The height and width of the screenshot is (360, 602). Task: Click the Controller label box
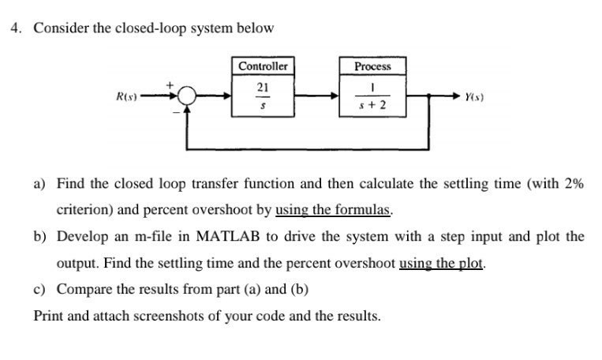tap(264, 66)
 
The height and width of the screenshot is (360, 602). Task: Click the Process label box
tap(372, 66)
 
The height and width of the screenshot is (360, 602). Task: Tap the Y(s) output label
tap(475, 96)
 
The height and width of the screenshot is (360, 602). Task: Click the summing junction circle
tap(186, 96)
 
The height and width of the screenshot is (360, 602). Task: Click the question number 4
tap(16, 28)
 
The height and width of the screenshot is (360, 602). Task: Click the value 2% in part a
tap(574, 184)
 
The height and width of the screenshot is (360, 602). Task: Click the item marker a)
tap(40, 184)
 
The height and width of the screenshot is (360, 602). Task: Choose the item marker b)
tap(40, 237)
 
